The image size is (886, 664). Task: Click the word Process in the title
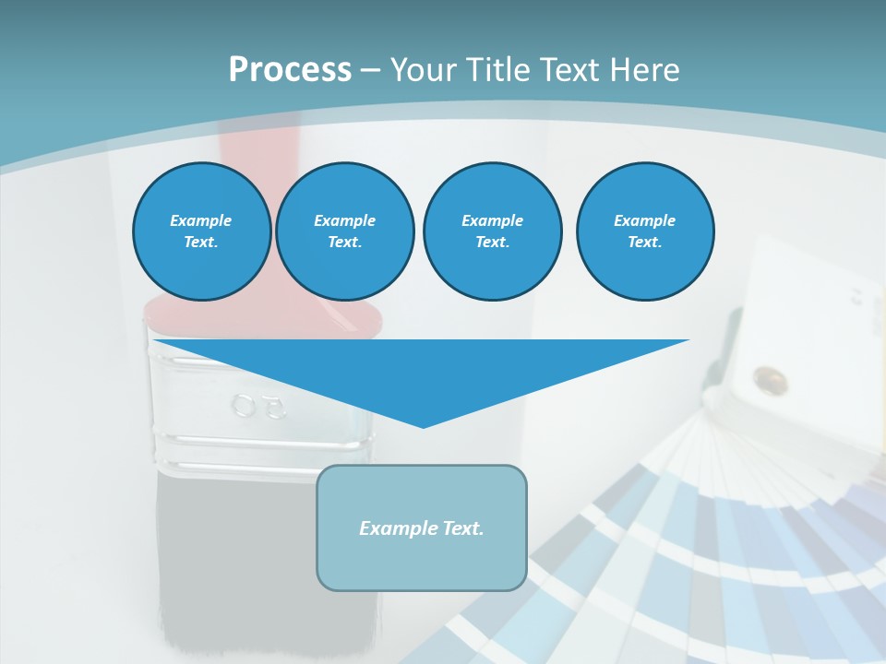click(x=290, y=69)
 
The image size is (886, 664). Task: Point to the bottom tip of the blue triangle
click(x=423, y=426)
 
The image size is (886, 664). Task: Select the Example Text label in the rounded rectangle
click(x=422, y=528)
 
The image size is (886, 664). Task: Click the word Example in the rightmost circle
click(x=644, y=220)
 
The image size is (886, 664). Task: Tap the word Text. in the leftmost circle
click(x=201, y=243)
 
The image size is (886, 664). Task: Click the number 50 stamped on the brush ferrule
click(x=259, y=406)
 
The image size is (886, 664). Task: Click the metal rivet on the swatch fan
click(x=765, y=378)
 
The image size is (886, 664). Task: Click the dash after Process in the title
click(x=371, y=70)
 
